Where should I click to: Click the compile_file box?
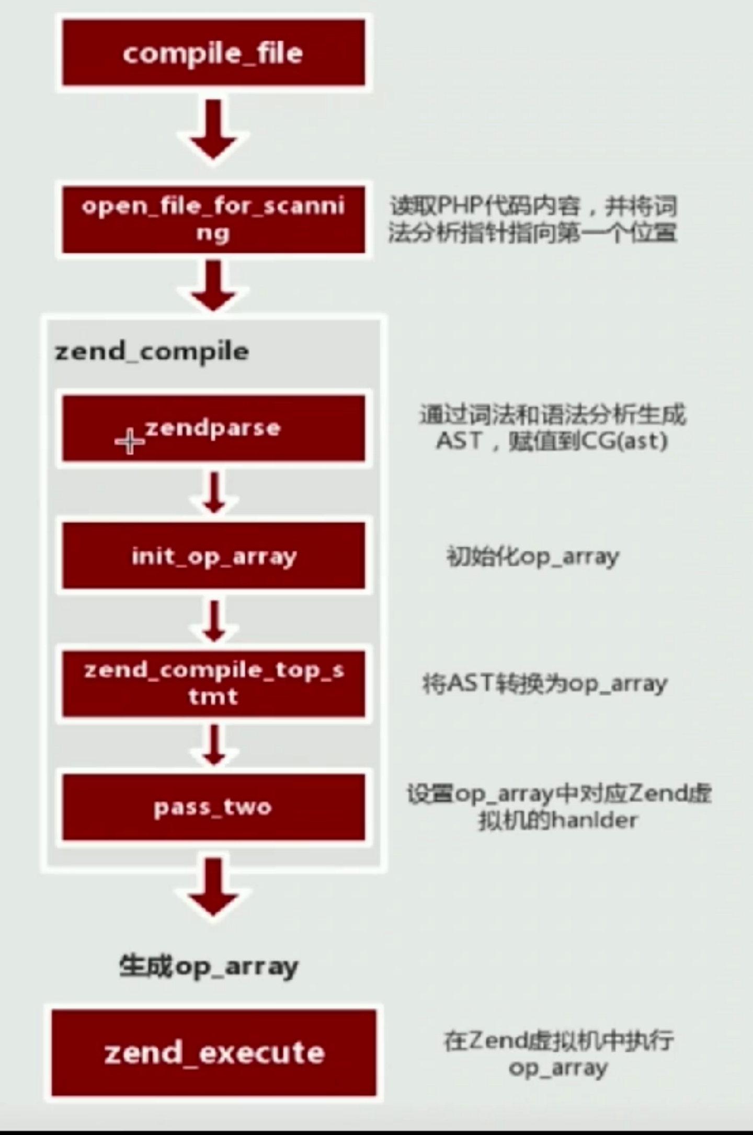pos(213,53)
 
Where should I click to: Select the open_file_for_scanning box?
pos(213,220)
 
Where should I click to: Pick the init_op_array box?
pos(213,556)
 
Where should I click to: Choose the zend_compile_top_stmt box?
pos(213,683)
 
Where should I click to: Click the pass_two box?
pos(213,807)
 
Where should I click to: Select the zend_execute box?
pos(213,1052)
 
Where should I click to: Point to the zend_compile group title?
pos(152,351)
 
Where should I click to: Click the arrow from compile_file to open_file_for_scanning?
pos(213,131)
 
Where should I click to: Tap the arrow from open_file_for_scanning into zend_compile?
pos(213,285)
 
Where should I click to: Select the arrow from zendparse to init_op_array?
pos(213,491)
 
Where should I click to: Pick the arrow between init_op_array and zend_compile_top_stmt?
pos(213,620)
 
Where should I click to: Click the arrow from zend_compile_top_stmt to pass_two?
pos(213,745)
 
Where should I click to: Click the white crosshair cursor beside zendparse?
pos(129,442)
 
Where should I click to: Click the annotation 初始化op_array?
pos(532,556)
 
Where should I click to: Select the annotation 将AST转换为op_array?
pos(545,683)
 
